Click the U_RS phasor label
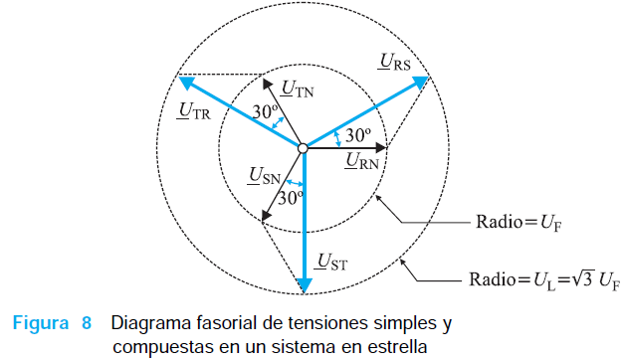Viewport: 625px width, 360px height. [394, 62]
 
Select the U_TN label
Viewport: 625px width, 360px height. [298, 89]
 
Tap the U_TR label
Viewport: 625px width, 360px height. [193, 111]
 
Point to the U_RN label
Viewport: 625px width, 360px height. [361, 161]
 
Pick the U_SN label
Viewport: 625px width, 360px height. [264, 176]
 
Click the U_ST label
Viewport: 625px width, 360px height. [330, 262]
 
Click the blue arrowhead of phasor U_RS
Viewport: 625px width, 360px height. [420, 82]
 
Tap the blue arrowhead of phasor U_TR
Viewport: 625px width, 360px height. [186, 83]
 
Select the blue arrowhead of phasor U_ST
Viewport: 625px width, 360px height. [305, 285]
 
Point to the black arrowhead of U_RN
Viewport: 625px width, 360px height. [381, 148]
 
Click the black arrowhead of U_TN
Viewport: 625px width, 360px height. [267, 84]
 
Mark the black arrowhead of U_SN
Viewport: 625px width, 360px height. [266, 216]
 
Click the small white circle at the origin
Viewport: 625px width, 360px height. [303, 148]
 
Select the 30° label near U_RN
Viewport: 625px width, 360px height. [358, 135]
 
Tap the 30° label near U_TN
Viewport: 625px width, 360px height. [265, 112]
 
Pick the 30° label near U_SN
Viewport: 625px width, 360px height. [291, 198]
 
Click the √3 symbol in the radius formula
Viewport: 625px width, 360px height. [583, 278]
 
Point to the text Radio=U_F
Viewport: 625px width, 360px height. [519, 222]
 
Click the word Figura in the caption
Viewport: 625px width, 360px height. [41, 322]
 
